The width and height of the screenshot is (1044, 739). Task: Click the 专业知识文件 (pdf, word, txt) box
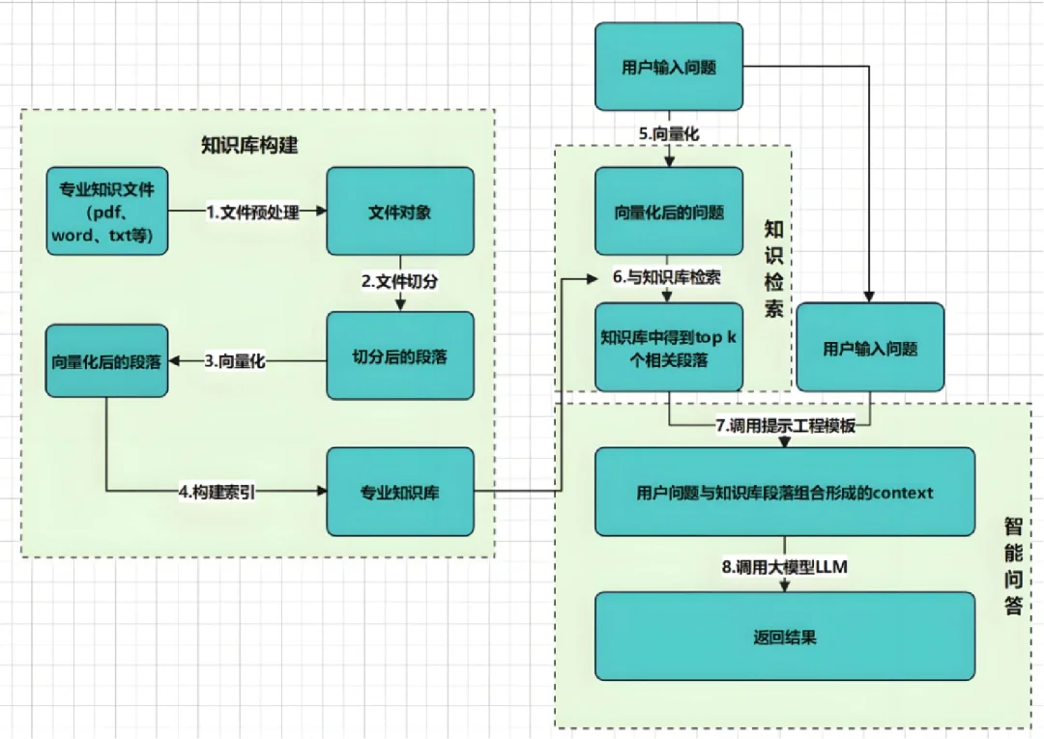(106, 212)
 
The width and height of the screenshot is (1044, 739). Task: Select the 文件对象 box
(400, 212)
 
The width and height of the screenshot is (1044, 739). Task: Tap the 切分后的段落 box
(400, 355)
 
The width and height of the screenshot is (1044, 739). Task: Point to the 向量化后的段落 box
(106, 361)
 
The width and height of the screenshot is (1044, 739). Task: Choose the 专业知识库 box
(400, 492)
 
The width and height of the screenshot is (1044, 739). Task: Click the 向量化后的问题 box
(669, 212)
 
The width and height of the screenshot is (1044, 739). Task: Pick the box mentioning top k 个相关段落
(669, 348)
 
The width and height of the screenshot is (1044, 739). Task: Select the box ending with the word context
(784, 492)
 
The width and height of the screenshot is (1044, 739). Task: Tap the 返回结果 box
(784, 638)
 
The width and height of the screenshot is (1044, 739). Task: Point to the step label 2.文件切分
(400, 281)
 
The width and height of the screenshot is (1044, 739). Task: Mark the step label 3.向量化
(234, 361)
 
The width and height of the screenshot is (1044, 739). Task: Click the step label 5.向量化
(669, 135)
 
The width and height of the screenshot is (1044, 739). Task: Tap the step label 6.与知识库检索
(667, 277)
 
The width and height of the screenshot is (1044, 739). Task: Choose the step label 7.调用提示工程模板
(785, 426)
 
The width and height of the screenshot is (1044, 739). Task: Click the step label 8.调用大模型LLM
(784, 567)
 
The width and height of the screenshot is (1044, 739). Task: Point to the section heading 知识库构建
(249, 146)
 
